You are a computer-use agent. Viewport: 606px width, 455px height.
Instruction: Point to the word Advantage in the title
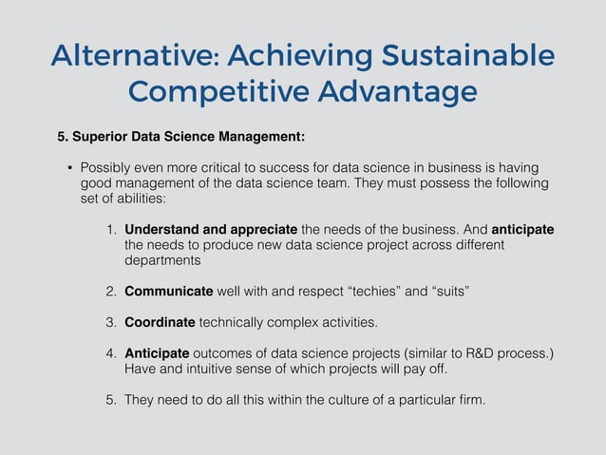398,93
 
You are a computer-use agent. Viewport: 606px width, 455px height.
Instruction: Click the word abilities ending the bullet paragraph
142,199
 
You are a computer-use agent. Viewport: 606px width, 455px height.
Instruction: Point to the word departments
162,259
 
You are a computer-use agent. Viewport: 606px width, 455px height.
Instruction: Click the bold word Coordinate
160,320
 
